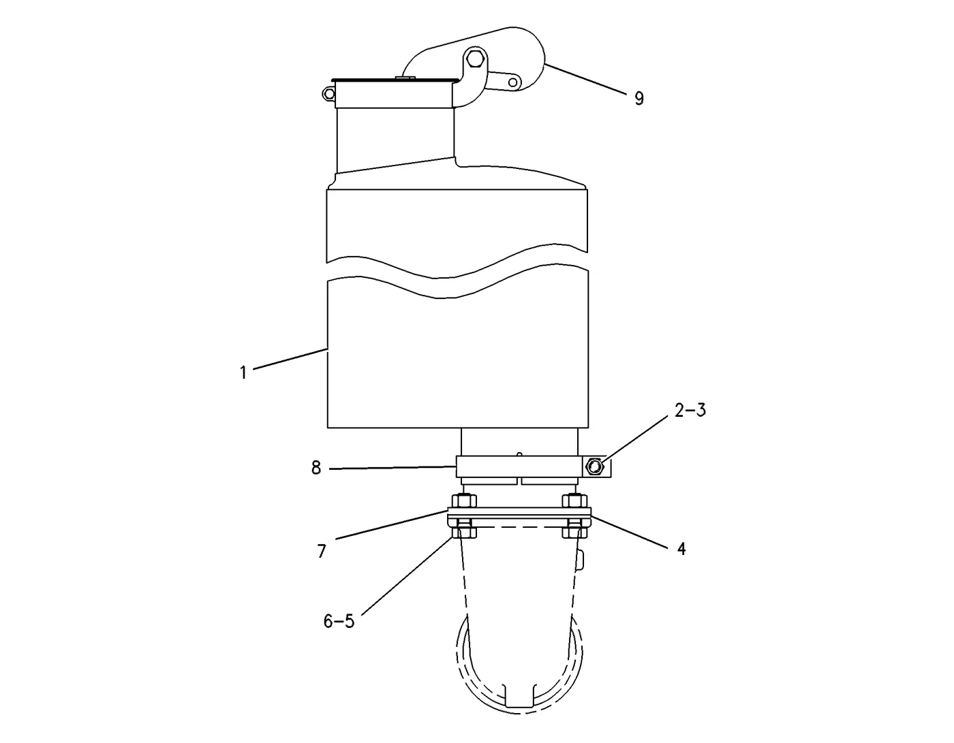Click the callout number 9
pyautogui.click(x=639, y=98)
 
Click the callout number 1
pyautogui.click(x=243, y=373)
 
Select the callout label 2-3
pyautogui.click(x=690, y=410)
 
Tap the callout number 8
pyautogui.click(x=316, y=468)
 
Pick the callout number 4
pyautogui.click(x=681, y=548)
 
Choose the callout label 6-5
pyautogui.click(x=339, y=621)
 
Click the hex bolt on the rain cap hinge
pyautogui.click(x=474, y=57)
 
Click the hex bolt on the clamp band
pyautogui.click(x=594, y=467)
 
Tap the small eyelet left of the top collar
pyautogui.click(x=328, y=93)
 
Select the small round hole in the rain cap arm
pyautogui.click(x=512, y=82)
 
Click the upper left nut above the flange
pyautogui.click(x=463, y=501)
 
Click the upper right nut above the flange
pyautogui.click(x=574, y=501)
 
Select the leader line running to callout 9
pyautogui.click(x=585, y=80)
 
